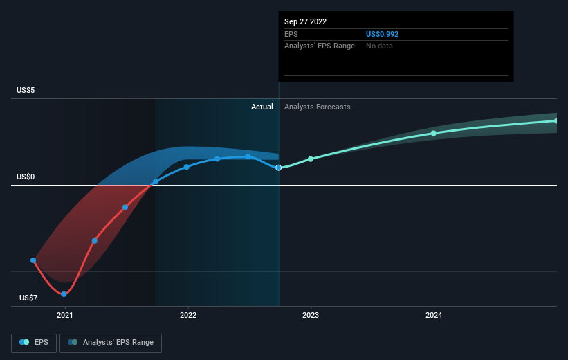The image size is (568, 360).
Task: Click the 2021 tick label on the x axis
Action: click(65, 315)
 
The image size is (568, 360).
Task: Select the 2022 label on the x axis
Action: click(188, 315)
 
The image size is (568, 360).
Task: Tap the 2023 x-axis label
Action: click(311, 315)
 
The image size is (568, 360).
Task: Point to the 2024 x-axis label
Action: click(434, 315)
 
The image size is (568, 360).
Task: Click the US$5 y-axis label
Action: click(26, 90)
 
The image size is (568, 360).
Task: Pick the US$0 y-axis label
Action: click(26, 177)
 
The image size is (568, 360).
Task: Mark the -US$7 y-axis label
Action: click(27, 298)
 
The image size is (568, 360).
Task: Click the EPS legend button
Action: click(34, 343)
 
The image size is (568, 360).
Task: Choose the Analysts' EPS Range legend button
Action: click(111, 343)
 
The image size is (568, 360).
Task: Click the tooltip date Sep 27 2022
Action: click(305, 21)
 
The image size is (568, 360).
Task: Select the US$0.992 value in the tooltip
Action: click(382, 34)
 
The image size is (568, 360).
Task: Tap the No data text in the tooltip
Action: click(379, 46)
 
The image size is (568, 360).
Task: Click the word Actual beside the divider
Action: click(262, 107)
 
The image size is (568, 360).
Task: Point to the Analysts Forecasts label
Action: click(318, 107)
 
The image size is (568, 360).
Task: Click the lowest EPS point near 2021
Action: click(64, 294)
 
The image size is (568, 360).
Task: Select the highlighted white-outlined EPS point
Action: click(278, 168)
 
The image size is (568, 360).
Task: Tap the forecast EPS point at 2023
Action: click(311, 159)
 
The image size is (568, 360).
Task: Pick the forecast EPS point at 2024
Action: click(434, 134)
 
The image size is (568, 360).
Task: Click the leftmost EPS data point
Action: click(33, 260)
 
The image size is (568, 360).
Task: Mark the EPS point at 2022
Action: click(187, 167)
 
